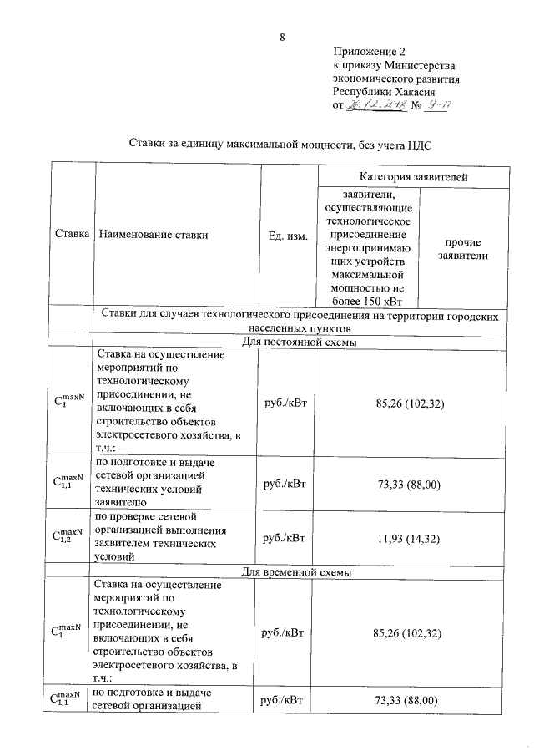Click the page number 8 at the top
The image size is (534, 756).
(282, 37)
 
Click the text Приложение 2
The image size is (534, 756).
(367, 51)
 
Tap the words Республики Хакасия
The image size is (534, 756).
(383, 92)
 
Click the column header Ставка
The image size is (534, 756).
(73, 236)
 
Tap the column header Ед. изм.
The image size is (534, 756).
(287, 236)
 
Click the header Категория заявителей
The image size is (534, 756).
(413, 177)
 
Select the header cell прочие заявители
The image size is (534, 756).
(462, 249)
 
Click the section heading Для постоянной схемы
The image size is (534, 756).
(299, 342)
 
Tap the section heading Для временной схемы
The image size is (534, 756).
(299, 572)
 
